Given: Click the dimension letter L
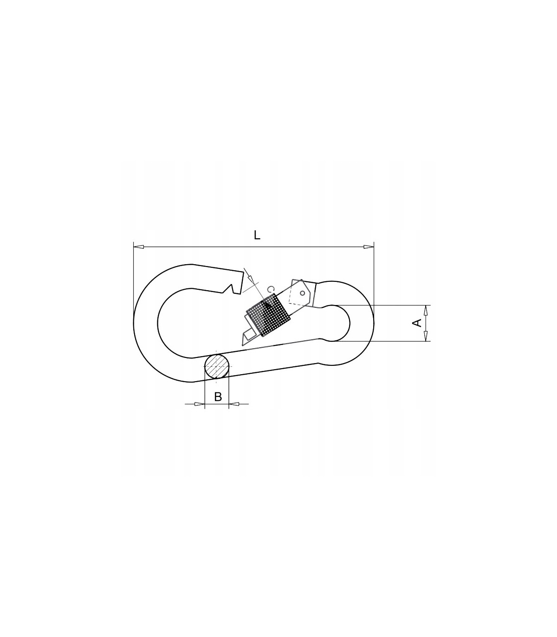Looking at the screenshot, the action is [x=257, y=236].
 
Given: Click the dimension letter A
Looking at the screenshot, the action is [x=417, y=323].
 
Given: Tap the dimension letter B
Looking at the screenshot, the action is [x=218, y=397].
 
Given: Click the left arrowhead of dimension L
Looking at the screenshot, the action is [x=138, y=247].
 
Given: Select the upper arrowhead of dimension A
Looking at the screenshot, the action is [x=425, y=310].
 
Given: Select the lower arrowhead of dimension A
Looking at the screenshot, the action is [x=425, y=336].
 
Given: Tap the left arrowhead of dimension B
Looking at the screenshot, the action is [x=200, y=404].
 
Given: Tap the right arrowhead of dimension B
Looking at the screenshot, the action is [x=234, y=404].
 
